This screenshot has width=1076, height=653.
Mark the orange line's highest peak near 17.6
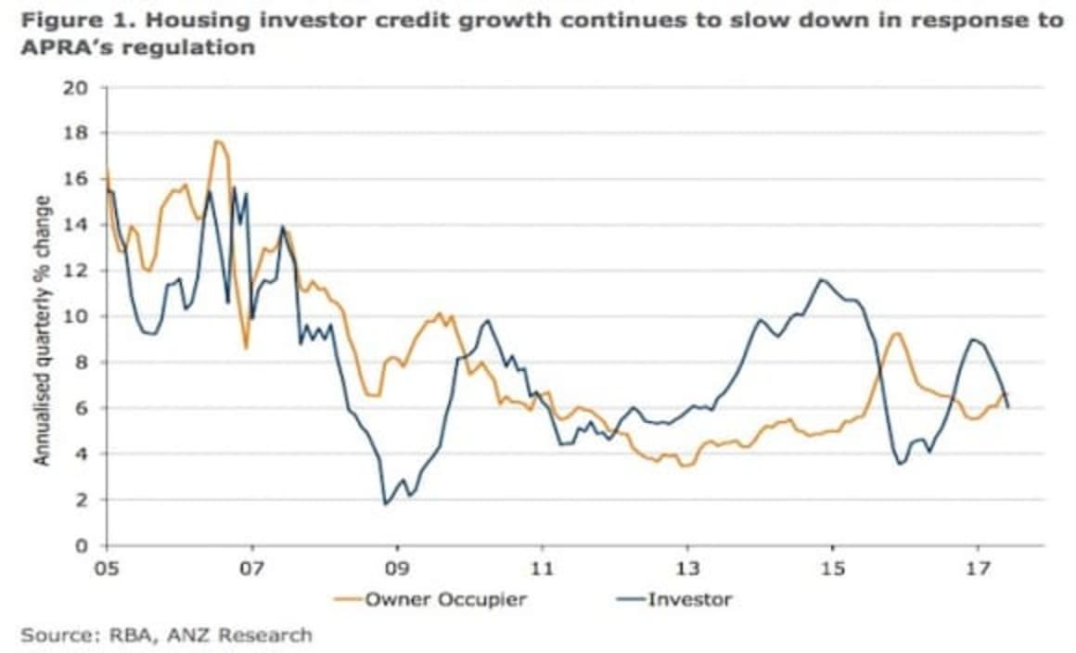(217, 141)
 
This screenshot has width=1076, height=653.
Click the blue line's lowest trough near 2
(385, 504)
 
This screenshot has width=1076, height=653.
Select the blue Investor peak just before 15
(820, 279)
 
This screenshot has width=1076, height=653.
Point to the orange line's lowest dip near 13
(685, 466)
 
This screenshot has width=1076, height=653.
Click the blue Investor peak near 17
(971, 339)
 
